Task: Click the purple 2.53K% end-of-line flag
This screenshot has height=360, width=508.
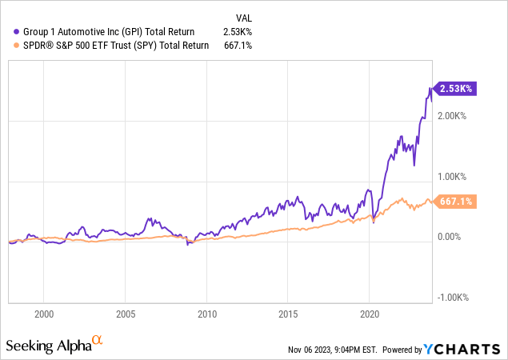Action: (x=454, y=90)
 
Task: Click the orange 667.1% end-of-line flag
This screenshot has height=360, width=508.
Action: (x=454, y=202)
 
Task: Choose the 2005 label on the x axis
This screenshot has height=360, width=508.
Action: (x=126, y=314)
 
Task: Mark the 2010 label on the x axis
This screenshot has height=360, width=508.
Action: (x=207, y=314)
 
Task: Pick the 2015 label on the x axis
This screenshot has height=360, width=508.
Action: (x=288, y=314)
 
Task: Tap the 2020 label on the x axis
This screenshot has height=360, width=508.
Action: (x=370, y=314)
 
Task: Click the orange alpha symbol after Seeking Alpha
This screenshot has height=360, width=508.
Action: (x=97, y=341)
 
